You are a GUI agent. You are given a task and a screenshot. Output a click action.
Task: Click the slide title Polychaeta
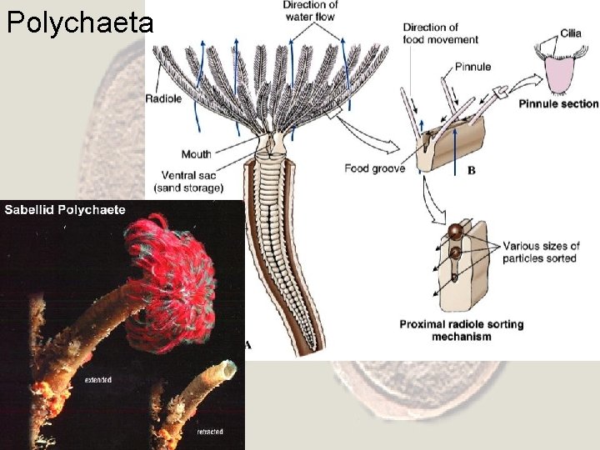pos(80,22)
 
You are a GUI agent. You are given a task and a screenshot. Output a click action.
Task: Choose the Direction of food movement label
pos(441,33)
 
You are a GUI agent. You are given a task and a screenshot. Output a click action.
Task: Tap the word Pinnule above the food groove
pos(473,67)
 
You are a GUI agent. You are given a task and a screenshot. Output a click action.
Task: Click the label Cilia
pos(570,32)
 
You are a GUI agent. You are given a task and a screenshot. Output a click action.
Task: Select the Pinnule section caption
pos(558,104)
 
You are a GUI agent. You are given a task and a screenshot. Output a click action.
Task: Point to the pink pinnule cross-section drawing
pos(560,75)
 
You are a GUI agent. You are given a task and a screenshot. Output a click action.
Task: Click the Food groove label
pos(375,168)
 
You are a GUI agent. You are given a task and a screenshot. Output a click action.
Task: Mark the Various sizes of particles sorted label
pos(540,252)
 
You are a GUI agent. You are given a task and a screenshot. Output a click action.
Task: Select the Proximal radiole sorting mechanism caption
pos(462,330)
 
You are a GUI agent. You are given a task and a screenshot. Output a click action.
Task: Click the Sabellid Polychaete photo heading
pos(65,209)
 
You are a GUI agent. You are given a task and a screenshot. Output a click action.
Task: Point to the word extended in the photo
pos(98,380)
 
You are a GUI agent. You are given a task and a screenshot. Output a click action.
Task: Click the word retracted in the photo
pos(209,431)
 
